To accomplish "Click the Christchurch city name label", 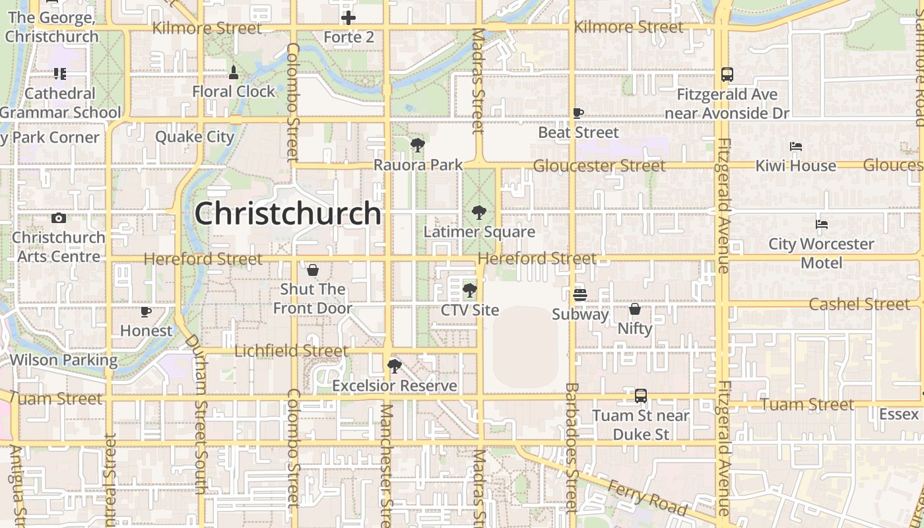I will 288,214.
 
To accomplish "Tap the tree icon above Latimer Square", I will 479,213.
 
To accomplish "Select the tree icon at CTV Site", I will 469,290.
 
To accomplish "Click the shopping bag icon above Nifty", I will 634,309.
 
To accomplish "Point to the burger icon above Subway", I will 579,294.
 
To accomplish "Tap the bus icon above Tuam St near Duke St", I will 640,396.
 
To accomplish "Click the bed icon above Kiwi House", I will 796,147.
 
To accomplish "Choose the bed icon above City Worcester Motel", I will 821,224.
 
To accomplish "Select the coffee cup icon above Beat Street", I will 578,114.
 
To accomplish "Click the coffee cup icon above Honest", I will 146,312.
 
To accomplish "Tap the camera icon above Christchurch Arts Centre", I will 59,218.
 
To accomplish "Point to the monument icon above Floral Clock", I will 233,72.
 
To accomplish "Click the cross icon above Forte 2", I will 348,18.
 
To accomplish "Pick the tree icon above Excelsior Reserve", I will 394,366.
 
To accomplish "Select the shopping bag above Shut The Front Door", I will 313,270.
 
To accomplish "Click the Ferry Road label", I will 648,497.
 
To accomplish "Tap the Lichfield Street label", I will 291,351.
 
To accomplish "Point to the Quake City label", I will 195,137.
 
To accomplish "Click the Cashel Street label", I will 859,304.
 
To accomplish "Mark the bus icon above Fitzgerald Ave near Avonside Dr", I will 727,75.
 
